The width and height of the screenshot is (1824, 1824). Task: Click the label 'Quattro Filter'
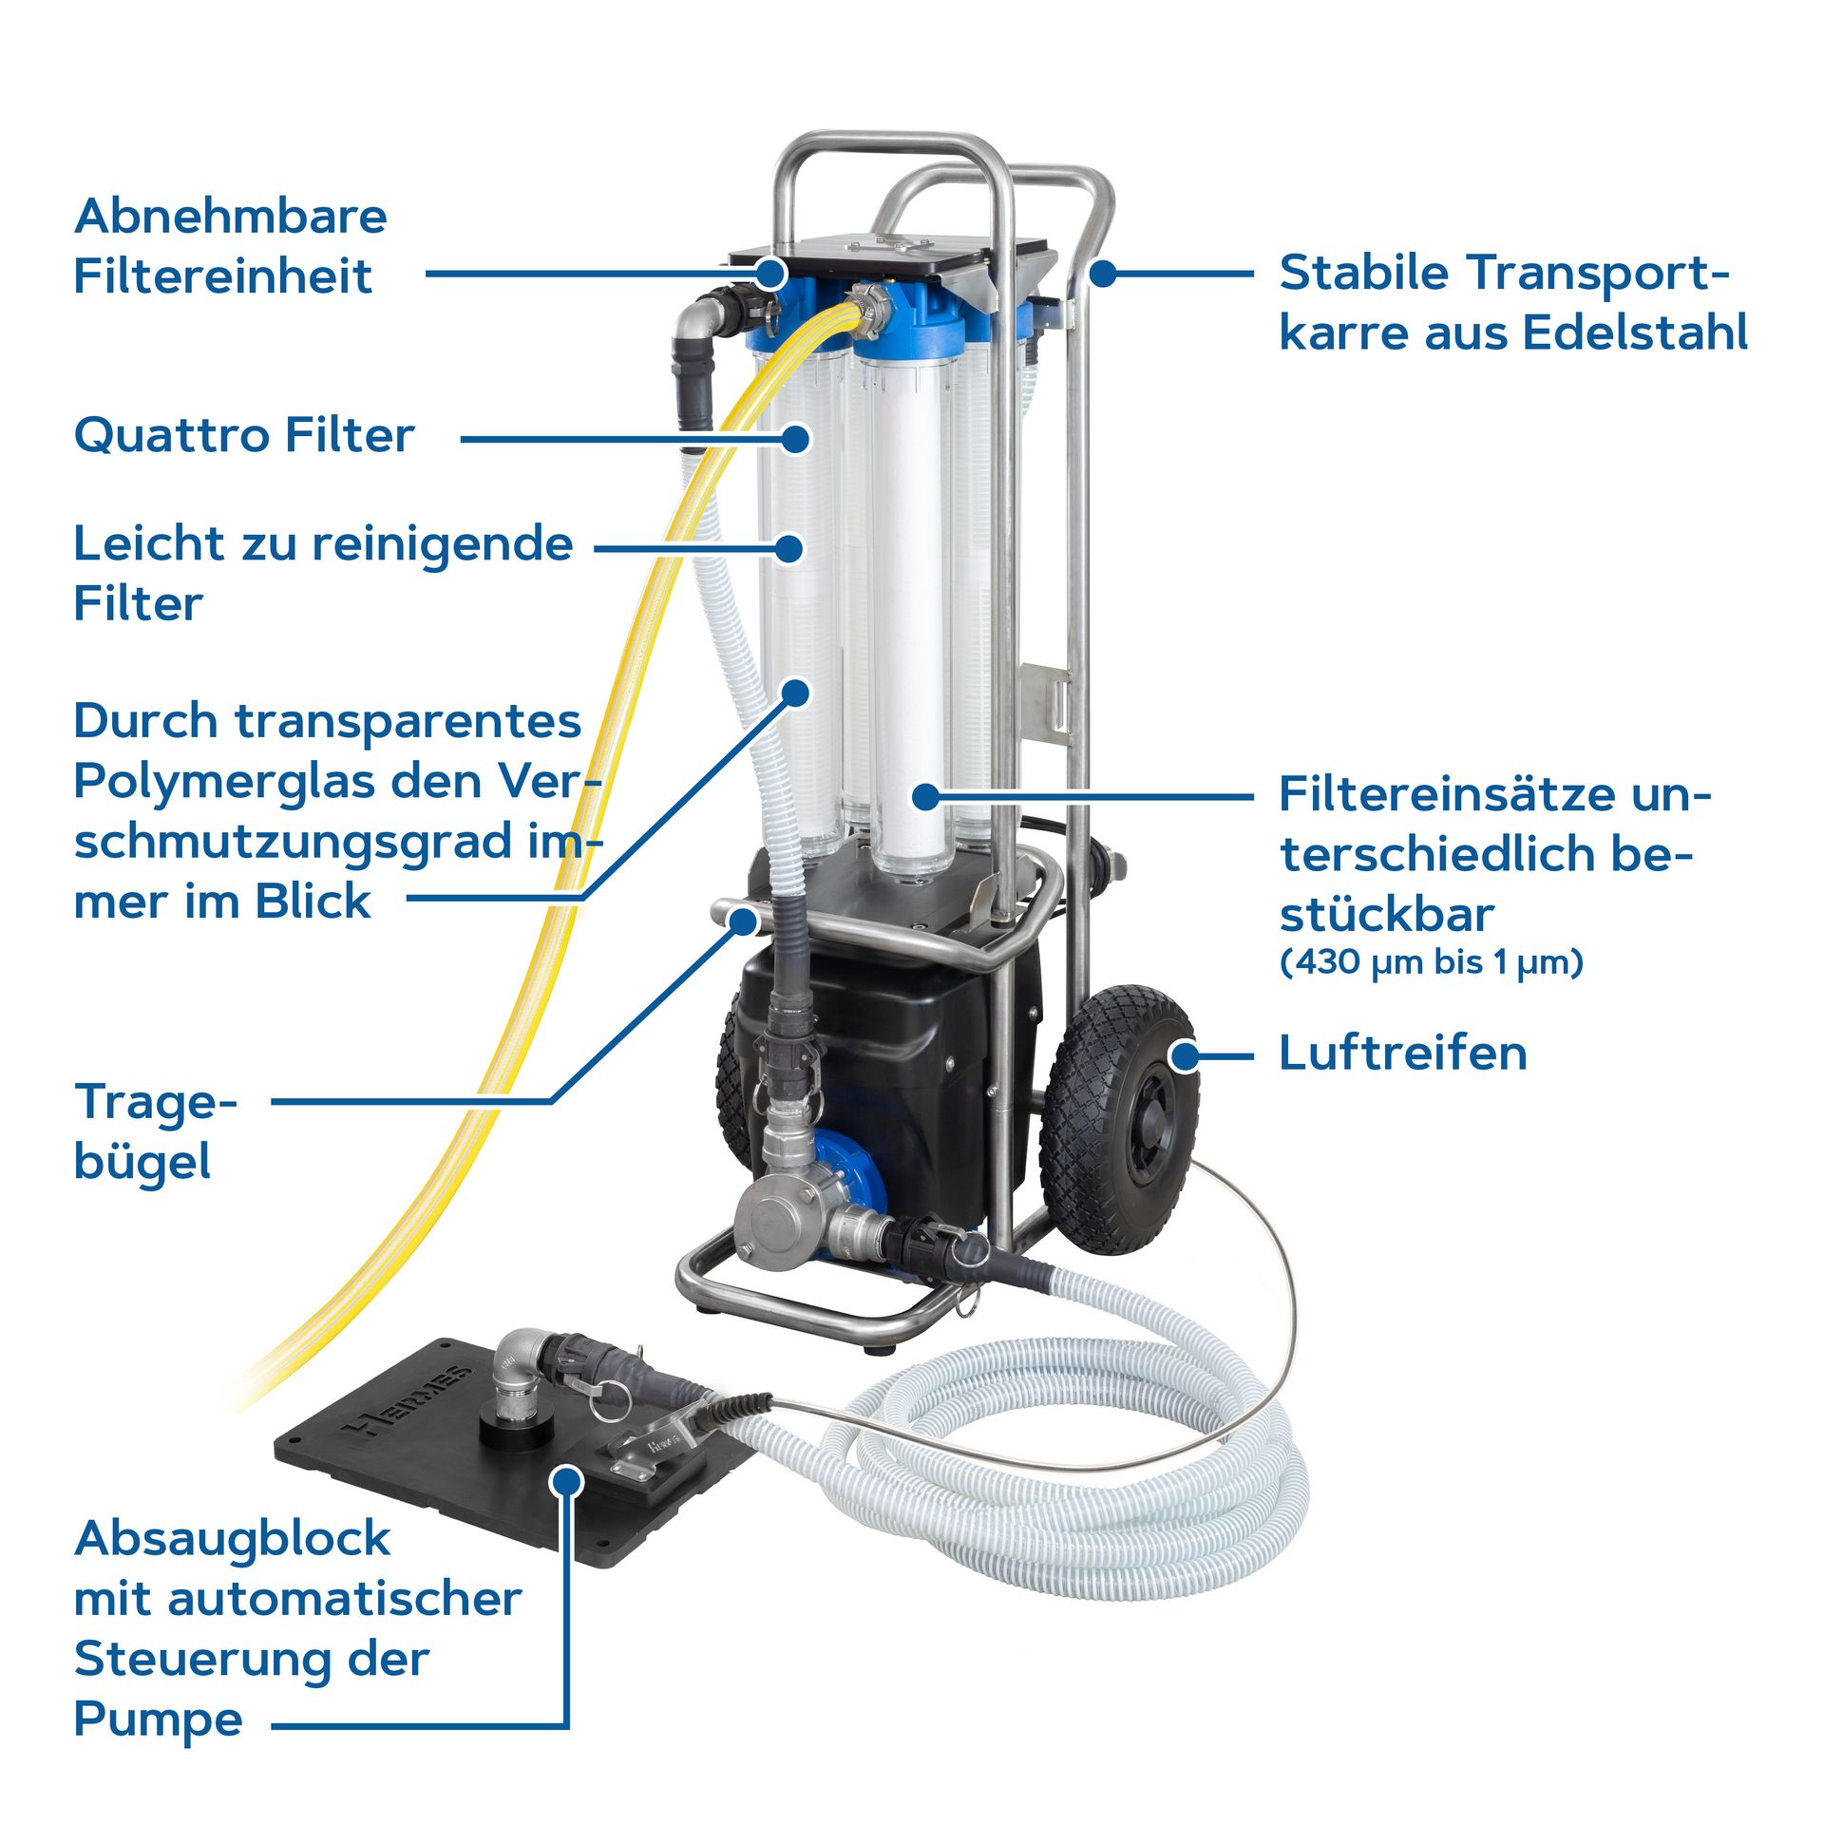[244, 437]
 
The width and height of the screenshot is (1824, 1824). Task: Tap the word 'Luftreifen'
[1402, 1054]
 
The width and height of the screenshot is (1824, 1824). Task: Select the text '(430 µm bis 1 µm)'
[1431, 963]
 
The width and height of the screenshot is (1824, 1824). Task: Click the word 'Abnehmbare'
[231, 217]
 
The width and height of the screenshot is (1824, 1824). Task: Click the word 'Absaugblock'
[232, 1539]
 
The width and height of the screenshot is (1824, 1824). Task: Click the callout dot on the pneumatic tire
[1184, 1055]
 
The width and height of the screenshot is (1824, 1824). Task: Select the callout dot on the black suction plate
[567, 1481]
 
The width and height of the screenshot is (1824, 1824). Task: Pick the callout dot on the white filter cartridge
[925, 796]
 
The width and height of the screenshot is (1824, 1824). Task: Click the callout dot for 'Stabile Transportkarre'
[1102, 274]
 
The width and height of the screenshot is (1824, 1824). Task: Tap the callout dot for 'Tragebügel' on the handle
[744, 921]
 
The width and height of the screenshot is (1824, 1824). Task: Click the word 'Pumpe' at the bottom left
[158, 1719]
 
